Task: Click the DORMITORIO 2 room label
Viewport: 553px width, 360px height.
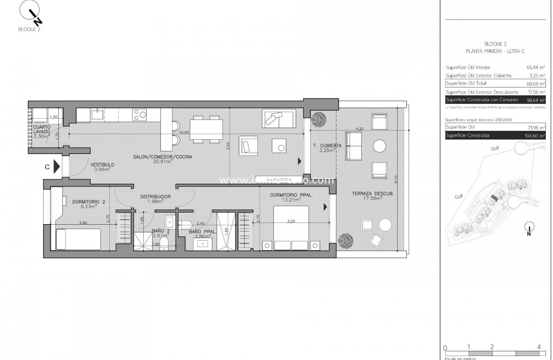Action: click(x=89, y=202)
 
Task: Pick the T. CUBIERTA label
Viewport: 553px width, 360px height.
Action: click(x=328, y=145)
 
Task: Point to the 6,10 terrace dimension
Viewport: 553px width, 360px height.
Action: click(x=396, y=178)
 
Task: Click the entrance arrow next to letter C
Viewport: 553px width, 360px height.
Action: click(x=57, y=167)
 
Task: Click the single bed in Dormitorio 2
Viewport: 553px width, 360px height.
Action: click(x=78, y=239)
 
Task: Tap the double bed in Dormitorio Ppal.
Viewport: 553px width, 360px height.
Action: click(x=291, y=228)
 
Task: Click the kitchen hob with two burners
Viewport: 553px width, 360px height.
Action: click(x=140, y=114)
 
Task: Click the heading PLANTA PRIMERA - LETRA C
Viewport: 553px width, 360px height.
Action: click(x=495, y=51)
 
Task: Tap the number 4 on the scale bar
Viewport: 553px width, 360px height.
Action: click(x=539, y=347)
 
